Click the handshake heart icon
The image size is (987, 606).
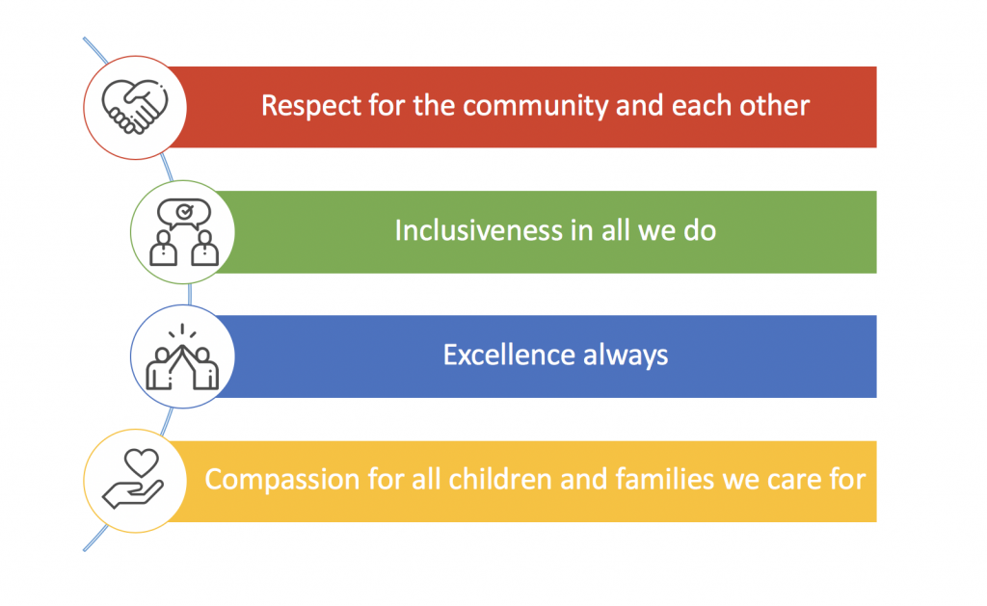click(135, 107)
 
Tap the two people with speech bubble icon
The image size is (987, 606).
click(184, 232)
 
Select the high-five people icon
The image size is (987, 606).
click(182, 356)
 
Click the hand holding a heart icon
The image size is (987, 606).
click(135, 478)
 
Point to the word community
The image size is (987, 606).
click(536, 106)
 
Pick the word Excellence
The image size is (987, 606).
click(509, 355)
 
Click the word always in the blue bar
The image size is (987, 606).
click(625, 356)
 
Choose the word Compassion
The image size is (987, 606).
click(282, 480)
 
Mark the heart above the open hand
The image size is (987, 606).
click(142, 462)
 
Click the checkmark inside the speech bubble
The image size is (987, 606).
click(184, 212)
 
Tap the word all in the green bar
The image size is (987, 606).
click(616, 230)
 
